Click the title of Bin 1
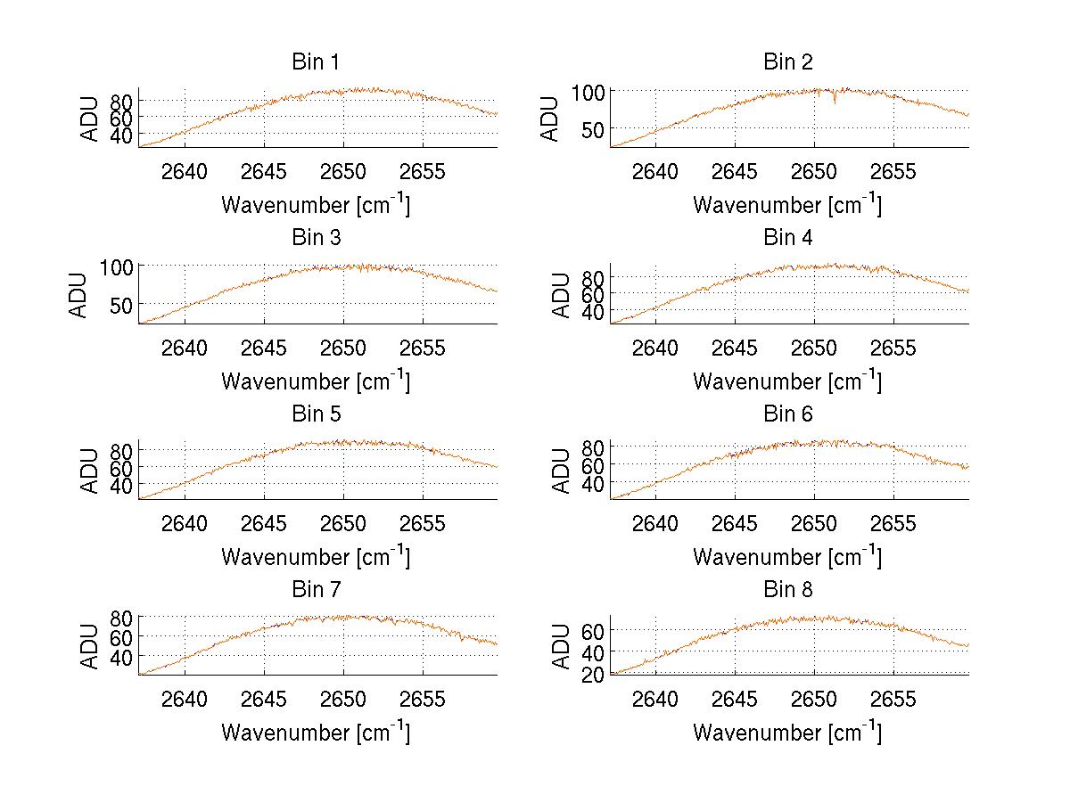point(315,62)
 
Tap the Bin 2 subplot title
point(787,62)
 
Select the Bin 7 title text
point(315,590)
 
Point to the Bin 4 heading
point(787,238)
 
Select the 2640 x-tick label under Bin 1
point(185,171)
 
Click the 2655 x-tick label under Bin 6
point(893,523)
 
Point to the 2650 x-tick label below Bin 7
point(343,699)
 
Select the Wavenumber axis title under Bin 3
point(316,381)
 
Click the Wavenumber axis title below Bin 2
point(787,205)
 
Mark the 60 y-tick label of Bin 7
point(121,636)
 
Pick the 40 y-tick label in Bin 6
point(593,483)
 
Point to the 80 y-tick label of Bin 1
point(121,100)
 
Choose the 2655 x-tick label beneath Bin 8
point(893,699)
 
